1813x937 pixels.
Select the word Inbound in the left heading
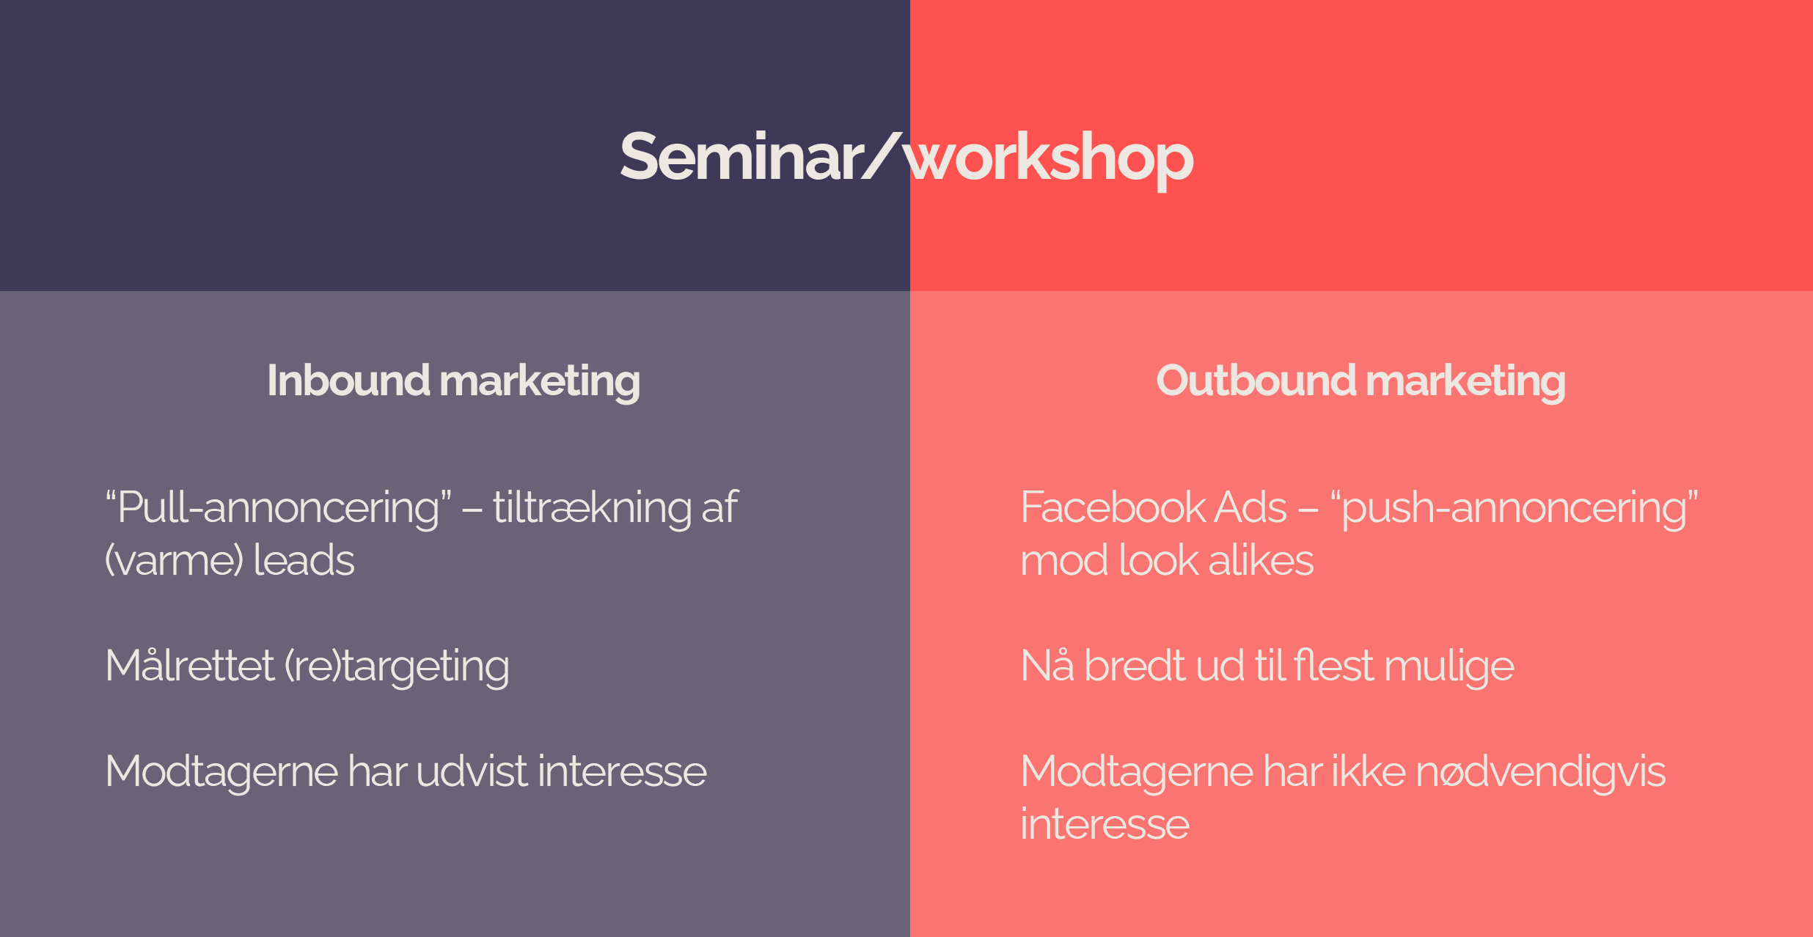pos(348,381)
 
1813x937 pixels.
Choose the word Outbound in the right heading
pos(1256,381)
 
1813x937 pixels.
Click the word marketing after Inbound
pos(540,382)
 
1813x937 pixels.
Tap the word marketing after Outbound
pos(1466,382)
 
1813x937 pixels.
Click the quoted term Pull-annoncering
pos(278,508)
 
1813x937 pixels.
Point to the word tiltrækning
pos(592,508)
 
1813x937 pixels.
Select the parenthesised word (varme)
pos(174,561)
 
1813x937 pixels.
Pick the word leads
pos(304,560)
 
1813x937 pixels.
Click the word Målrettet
pos(190,666)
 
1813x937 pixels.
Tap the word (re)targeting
pos(397,667)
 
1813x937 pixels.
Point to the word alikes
pos(1261,560)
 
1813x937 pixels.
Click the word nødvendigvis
pos(1541,773)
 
